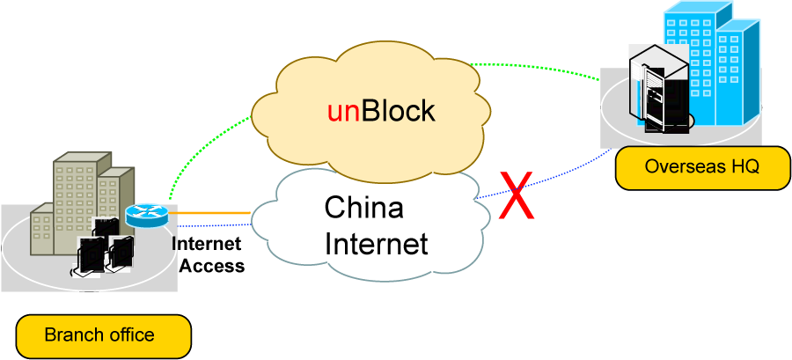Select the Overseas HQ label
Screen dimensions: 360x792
689,166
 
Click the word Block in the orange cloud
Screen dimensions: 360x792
397,111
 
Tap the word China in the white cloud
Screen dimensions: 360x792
363,208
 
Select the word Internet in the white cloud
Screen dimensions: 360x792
376,242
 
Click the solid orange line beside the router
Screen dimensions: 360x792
207,212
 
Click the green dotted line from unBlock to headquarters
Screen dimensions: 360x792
537,67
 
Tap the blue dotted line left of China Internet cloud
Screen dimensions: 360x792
211,225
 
